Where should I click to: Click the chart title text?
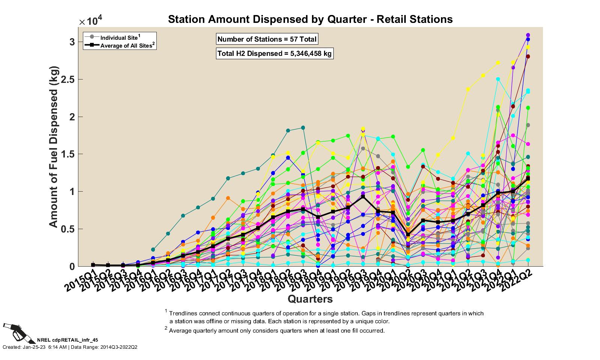[x=310, y=19]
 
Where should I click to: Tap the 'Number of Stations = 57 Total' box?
[x=267, y=39]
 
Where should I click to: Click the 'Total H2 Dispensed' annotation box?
[x=274, y=54]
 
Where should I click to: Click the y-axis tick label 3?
[x=72, y=42]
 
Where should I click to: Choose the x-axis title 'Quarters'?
[x=310, y=299]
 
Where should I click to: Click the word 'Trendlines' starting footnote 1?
[x=181, y=313]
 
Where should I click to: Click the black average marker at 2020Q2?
[x=408, y=234]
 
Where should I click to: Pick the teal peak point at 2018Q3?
[x=303, y=128]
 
